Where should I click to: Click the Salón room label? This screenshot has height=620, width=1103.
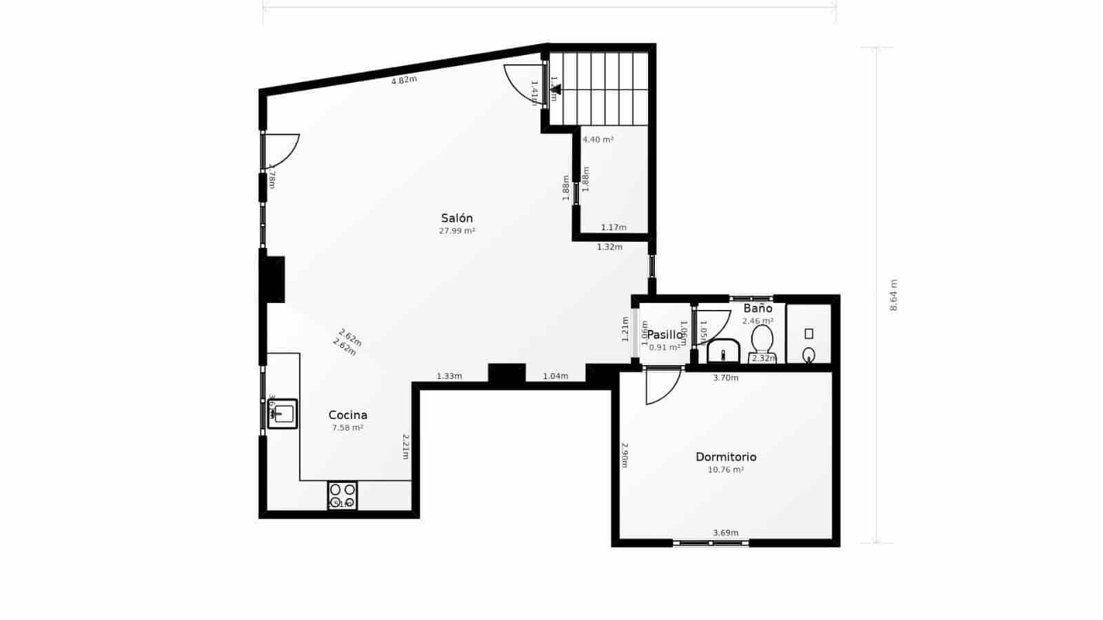456,218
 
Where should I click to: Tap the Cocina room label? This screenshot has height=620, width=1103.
347,415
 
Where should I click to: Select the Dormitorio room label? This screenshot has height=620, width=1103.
725,457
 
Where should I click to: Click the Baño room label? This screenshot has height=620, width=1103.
757,309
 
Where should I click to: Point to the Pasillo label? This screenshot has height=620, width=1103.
665,335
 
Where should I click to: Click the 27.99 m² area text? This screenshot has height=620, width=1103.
456,231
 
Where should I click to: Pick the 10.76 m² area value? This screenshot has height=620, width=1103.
725,470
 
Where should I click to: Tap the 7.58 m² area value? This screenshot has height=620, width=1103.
347,428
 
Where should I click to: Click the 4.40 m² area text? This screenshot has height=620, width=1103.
598,140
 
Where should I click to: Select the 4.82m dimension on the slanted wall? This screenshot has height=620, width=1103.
404,80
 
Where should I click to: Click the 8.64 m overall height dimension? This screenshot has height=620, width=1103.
893,295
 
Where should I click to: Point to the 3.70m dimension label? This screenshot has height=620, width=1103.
725,378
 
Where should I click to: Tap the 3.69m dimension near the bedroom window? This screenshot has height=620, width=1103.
725,533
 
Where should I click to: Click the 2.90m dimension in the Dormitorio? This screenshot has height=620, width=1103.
625,455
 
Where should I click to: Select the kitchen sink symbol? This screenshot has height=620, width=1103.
283,413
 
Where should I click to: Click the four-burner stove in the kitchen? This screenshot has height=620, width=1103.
342,495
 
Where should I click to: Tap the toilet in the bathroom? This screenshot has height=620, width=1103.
762,341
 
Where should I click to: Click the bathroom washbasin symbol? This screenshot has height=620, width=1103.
723,351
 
